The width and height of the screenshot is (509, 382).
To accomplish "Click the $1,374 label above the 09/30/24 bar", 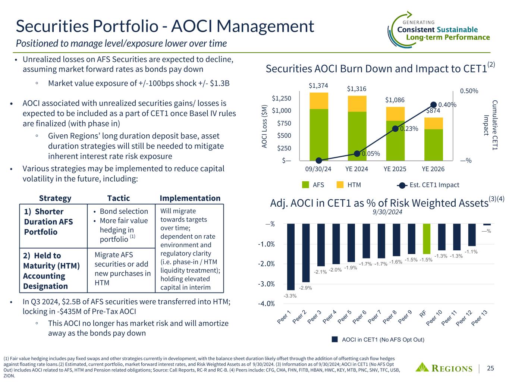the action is click(x=318, y=85).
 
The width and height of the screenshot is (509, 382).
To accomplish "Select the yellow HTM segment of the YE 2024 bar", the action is click(x=357, y=104).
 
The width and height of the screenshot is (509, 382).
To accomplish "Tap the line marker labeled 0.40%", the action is click(x=433, y=105).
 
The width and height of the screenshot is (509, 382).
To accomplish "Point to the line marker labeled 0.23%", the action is click(x=395, y=129).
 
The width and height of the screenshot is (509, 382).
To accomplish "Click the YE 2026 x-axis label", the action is click(x=433, y=169).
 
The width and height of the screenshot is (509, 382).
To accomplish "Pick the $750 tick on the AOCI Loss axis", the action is click(x=284, y=123).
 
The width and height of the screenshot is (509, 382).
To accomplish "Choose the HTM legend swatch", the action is click(x=340, y=185).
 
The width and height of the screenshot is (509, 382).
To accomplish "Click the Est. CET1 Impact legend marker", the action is click(x=402, y=185).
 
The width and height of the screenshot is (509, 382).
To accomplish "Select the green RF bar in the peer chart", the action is click(x=427, y=239).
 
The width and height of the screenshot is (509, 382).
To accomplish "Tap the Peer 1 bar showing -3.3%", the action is click(x=291, y=257).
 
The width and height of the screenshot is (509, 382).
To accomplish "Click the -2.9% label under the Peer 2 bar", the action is click(x=305, y=288).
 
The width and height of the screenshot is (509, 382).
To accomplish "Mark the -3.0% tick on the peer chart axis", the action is click(x=266, y=284).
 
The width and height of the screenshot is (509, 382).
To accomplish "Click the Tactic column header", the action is click(x=119, y=198).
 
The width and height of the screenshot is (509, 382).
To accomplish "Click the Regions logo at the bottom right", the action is click(x=444, y=368).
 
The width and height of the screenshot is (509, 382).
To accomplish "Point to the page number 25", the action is click(x=490, y=368).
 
